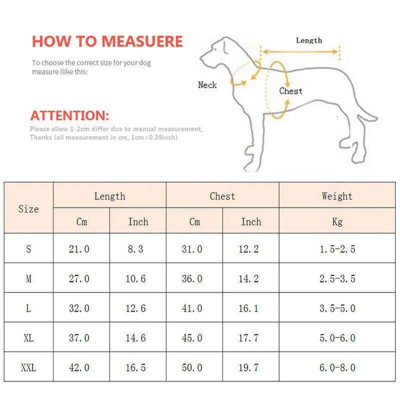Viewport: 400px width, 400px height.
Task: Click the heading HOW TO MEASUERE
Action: click(107, 41)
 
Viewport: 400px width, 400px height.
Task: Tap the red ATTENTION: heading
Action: click(69, 115)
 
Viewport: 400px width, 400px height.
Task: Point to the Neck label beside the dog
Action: click(207, 85)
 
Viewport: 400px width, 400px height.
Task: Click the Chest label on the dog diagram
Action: click(290, 91)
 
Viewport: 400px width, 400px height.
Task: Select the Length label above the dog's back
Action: click(308, 40)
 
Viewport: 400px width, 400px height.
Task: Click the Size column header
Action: click(28, 208)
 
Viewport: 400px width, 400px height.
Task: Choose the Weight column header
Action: click(337, 196)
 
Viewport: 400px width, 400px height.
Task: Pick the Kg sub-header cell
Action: click(337, 221)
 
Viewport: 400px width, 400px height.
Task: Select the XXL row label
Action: click(28, 367)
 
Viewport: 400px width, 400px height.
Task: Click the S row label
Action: click(28, 248)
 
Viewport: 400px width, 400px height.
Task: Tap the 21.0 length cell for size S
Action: click(79, 248)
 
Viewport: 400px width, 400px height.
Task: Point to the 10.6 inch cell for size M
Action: click(135, 278)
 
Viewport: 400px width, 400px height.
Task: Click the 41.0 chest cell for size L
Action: click(192, 308)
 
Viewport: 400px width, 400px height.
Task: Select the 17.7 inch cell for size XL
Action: click(248, 338)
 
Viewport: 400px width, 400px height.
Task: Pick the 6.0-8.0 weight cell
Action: click(337, 367)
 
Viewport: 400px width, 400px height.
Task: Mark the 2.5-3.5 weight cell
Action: click(337, 278)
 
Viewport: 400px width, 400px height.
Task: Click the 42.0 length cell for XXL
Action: click(79, 367)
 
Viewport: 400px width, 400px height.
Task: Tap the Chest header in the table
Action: click(222, 196)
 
